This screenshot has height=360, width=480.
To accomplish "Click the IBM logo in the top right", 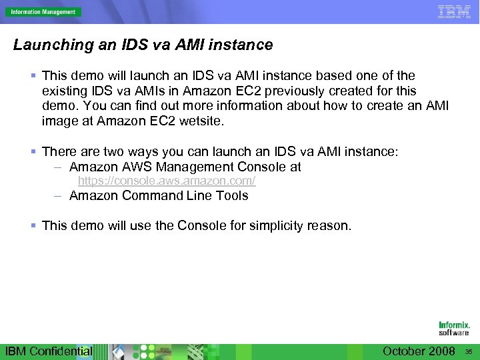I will click(x=454, y=11).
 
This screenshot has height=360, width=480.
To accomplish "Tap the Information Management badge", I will click(x=43, y=12).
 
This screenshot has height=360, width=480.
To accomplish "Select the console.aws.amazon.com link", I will click(x=167, y=181).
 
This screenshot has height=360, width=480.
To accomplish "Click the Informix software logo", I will click(x=454, y=329).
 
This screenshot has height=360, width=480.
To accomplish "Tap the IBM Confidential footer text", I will click(x=49, y=351).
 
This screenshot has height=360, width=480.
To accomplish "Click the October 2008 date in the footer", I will click(x=419, y=351).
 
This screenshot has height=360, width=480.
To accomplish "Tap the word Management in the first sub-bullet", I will click(x=190, y=167).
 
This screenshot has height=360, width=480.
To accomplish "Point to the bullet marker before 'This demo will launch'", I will click(x=33, y=76).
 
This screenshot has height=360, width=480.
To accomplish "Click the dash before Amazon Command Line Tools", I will click(x=59, y=195).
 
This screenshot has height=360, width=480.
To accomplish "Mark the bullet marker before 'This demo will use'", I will click(x=33, y=225).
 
